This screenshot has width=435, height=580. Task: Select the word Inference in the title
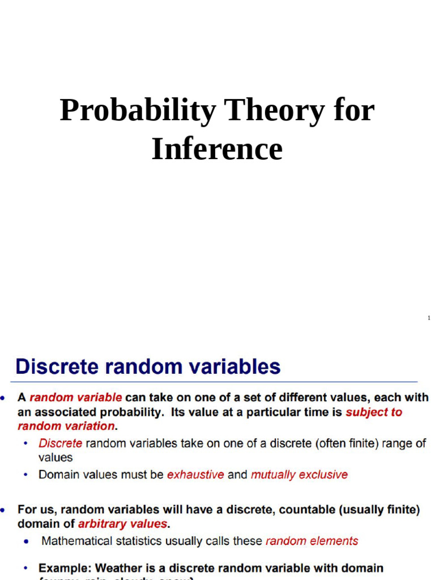(217, 149)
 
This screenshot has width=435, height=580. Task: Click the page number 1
(429, 318)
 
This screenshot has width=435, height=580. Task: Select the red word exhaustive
(195, 475)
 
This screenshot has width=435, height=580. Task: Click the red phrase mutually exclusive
(299, 475)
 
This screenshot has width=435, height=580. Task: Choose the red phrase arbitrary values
(122, 523)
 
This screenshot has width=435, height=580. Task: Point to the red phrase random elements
(312, 541)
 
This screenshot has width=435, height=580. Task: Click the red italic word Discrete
(60, 443)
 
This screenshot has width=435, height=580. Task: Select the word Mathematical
(76, 541)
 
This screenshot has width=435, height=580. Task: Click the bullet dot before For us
(5, 510)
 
